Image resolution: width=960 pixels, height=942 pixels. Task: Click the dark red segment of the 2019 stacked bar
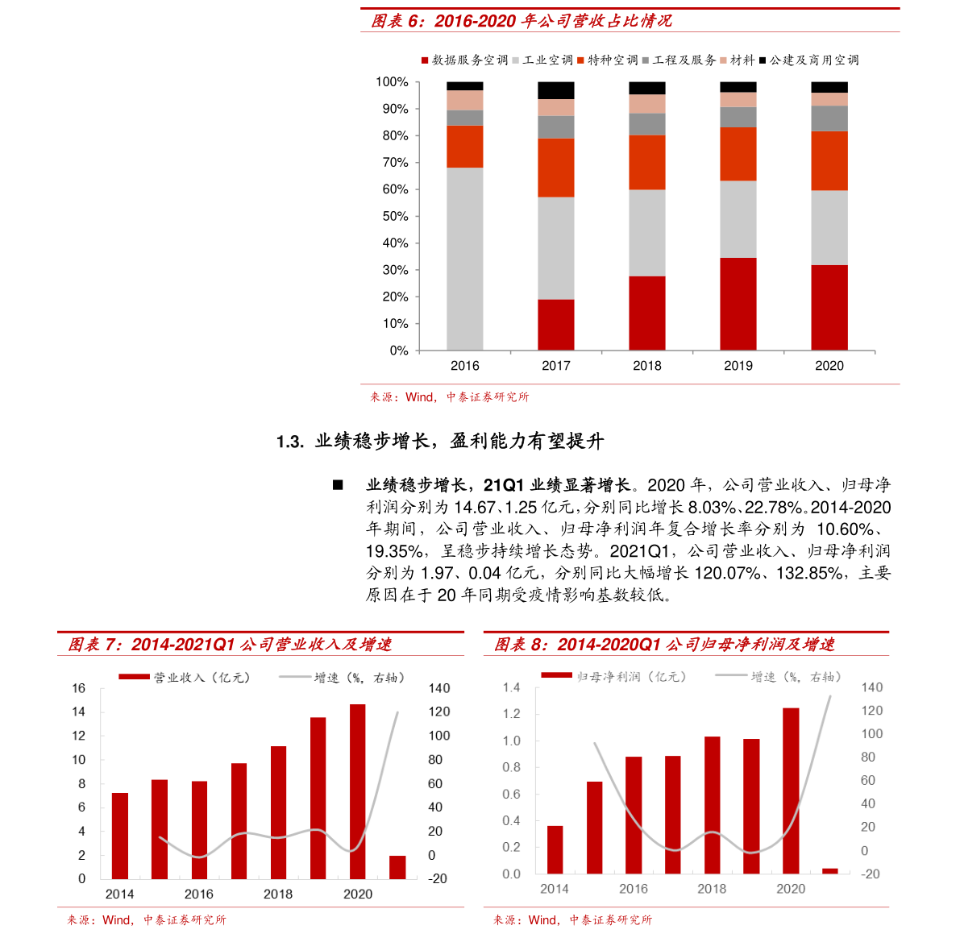tap(738, 304)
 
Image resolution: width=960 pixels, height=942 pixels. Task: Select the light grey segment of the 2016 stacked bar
tap(465, 258)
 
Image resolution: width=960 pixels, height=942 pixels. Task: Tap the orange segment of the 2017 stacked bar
tap(556, 168)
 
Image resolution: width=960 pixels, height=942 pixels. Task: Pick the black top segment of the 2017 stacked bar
tap(556, 90)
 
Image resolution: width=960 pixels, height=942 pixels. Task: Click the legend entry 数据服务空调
tap(465, 60)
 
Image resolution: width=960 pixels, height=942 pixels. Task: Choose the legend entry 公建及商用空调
tap(809, 60)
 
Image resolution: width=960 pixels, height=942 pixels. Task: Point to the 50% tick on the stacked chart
tap(395, 216)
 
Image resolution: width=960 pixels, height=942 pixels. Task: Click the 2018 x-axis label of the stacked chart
tap(647, 366)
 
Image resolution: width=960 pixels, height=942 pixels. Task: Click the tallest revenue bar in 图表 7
tap(357, 791)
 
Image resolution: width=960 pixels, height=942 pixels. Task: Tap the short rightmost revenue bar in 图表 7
tap(397, 867)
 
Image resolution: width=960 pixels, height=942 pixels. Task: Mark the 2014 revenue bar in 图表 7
tap(120, 836)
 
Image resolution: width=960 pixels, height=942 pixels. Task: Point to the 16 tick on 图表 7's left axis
tap(78, 688)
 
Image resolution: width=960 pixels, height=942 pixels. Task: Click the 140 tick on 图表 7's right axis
tap(439, 688)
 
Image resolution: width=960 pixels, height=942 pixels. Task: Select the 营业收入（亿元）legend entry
tap(185, 678)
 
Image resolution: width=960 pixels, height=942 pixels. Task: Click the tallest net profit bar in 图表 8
tap(791, 791)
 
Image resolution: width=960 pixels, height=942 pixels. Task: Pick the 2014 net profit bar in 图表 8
tap(555, 849)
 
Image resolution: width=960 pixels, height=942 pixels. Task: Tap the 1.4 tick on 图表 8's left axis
tap(511, 687)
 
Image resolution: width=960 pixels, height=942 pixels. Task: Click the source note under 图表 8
tap(573, 919)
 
